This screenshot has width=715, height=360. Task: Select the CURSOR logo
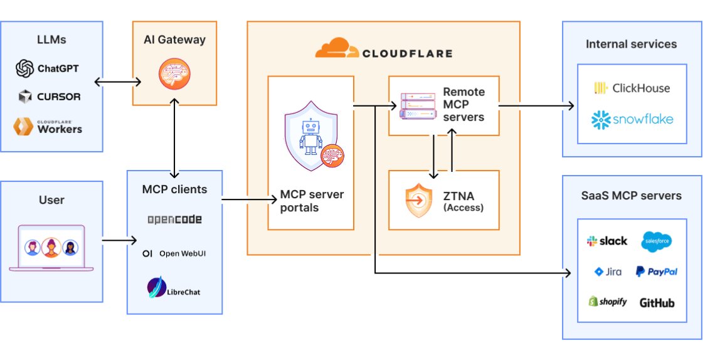coord(50,97)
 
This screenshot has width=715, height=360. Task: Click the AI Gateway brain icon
coord(169,74)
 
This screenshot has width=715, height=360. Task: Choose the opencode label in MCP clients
coord(174,220)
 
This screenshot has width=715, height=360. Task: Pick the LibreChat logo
coord(174,289)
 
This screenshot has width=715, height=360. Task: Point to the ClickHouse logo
coord(632,88)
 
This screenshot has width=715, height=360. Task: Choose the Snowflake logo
coord(632,119)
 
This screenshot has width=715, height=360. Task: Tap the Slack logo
coord(606,241)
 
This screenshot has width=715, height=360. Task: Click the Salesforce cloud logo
coord(656,241)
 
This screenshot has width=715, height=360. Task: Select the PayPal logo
coord(656,272)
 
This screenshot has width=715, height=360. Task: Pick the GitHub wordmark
coord(657,302)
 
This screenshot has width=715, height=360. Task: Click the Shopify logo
coord(607,302)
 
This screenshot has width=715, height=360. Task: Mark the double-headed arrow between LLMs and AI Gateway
coord(117,82)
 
